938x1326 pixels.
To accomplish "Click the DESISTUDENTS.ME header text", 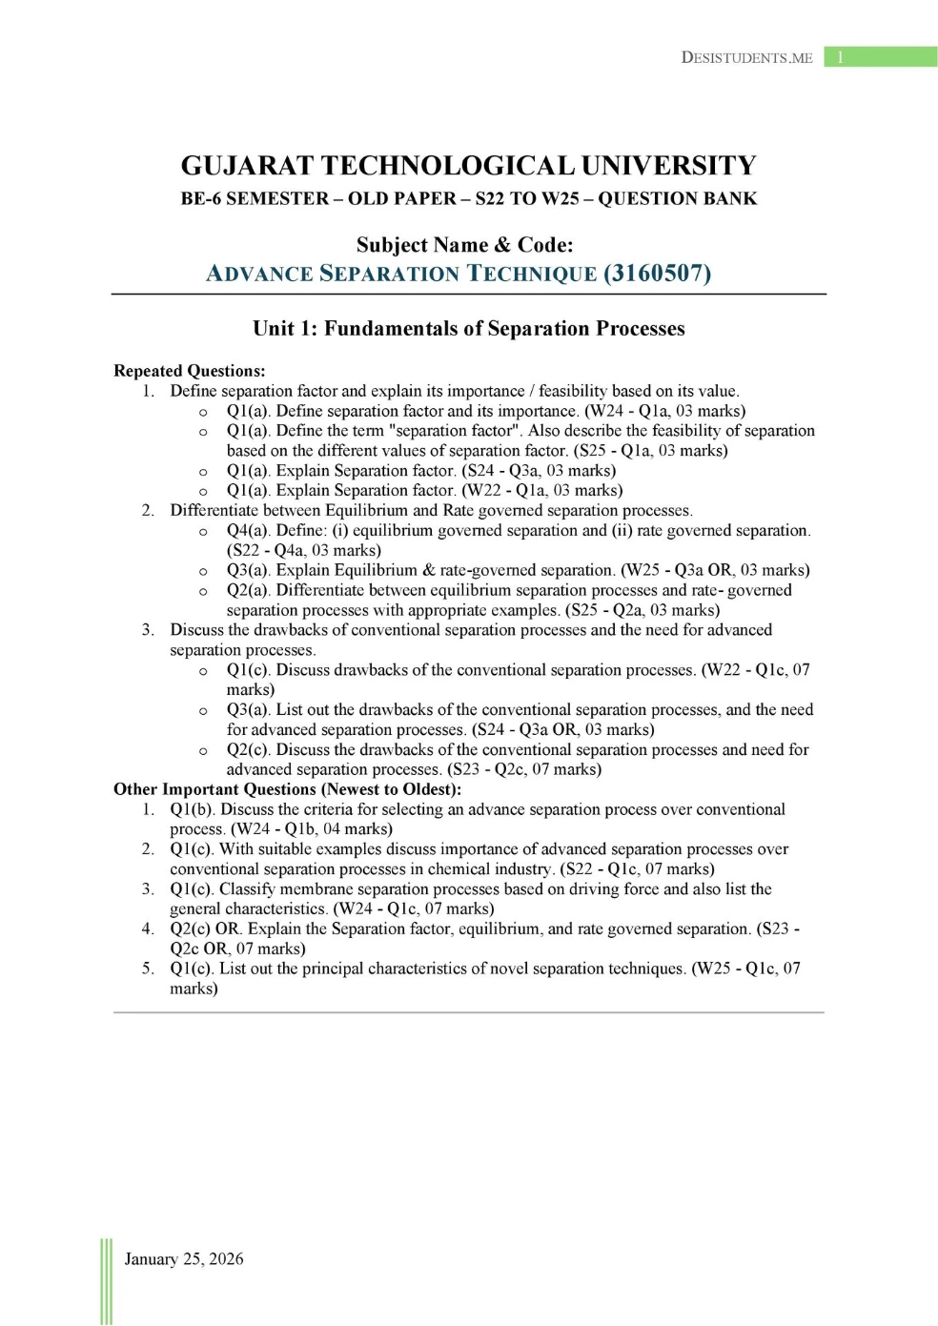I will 746,57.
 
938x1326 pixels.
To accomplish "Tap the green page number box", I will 880,57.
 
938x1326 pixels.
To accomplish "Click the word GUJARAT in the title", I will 247,166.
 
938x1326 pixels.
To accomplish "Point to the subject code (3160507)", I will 657,274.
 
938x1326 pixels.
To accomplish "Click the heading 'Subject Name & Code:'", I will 464,245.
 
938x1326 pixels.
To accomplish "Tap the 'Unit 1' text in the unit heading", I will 284,329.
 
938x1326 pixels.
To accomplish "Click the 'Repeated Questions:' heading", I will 189,371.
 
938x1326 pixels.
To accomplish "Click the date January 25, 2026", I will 184,1258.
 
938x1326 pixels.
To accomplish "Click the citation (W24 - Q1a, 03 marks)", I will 664,411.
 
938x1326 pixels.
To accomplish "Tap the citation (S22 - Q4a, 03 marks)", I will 303,550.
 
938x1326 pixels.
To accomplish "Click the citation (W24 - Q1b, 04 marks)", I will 311,829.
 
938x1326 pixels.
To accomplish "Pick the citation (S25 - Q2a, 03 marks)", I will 642,610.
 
